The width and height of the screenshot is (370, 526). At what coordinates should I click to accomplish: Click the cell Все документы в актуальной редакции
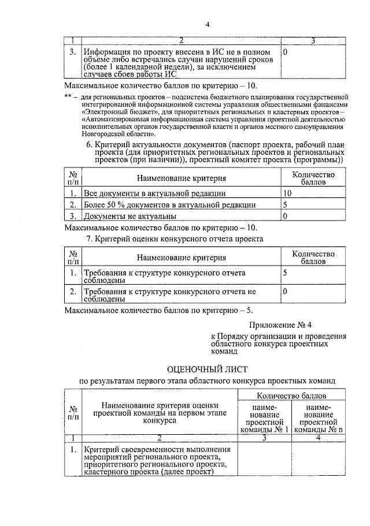pos(155,193)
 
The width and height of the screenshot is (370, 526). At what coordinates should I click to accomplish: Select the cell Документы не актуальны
pos(130,217)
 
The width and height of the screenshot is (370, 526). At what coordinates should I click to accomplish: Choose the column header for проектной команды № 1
pos(263,419)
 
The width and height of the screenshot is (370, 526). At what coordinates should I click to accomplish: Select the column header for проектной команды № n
pos(318,419)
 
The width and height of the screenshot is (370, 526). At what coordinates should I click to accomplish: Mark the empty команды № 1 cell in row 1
pos(263,460)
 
